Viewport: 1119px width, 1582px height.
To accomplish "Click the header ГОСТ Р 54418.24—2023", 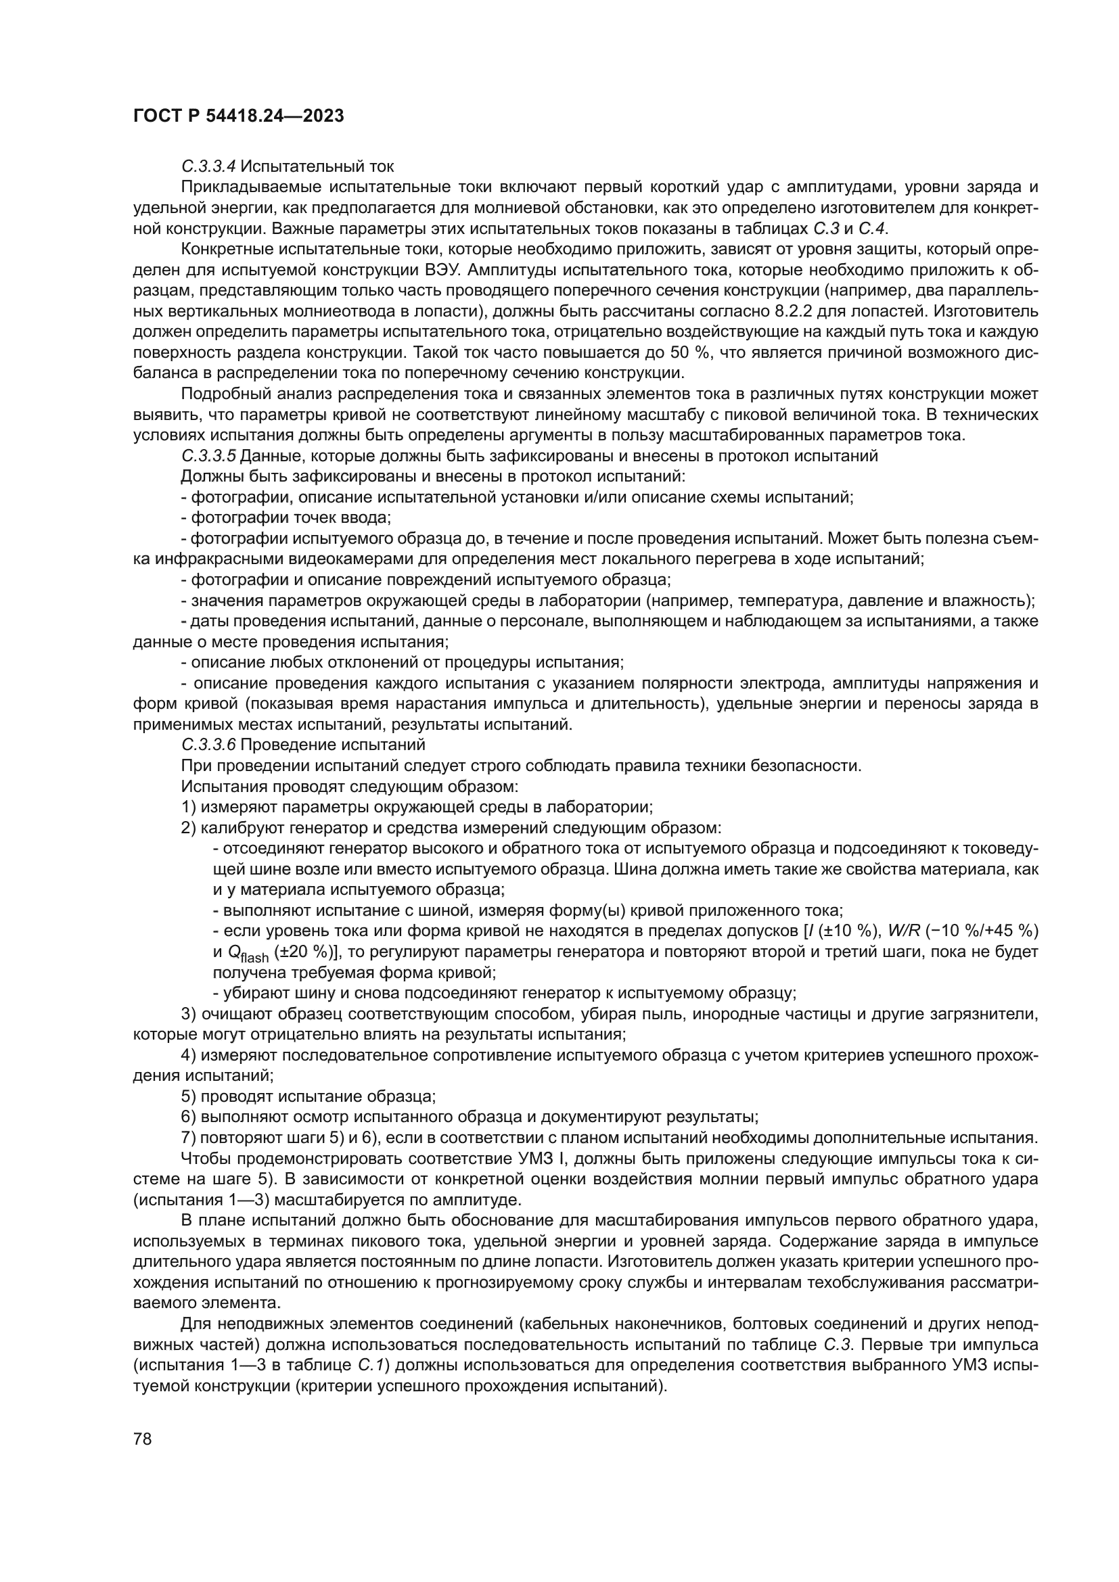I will [x=238, y=116].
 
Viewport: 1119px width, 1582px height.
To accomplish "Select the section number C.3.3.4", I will [x=209, y=166].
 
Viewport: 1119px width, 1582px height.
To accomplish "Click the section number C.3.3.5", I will [x=209, y=456].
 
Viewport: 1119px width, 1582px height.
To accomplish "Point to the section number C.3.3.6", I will [x=209, y=745].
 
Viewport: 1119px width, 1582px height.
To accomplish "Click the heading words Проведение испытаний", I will [x=333, y=745].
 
